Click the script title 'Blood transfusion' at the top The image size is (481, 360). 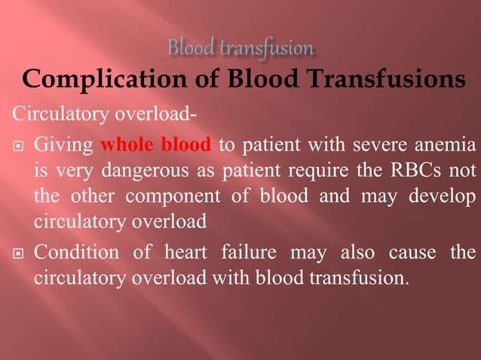click(240, 49)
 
